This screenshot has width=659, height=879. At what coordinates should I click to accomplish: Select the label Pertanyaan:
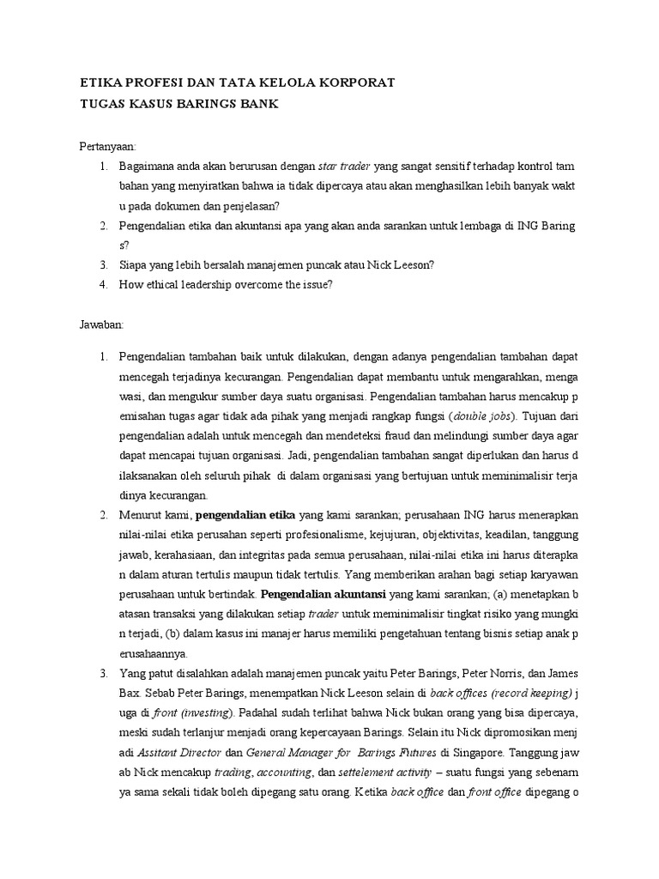click(x=109, y=147)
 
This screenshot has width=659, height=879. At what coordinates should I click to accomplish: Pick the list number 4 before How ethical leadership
click(x=101, y=284)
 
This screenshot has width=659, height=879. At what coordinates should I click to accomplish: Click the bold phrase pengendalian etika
click(x=246, y=515)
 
